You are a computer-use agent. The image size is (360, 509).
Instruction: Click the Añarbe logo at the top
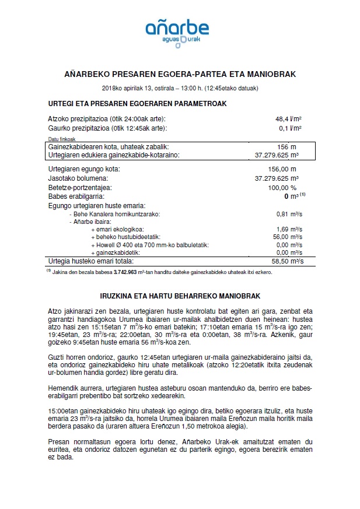(x=180, y=31)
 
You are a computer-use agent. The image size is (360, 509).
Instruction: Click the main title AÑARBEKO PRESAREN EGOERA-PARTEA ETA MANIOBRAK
(x=180, y=75)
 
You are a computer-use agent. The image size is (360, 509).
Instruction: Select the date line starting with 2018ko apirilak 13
(x=180, y=88)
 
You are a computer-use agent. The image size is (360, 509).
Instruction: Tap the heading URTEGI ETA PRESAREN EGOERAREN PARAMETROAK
(x=137, y=103)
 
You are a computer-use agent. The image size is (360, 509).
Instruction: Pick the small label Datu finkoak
(x=61, y=139)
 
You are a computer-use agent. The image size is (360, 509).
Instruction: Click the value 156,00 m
(x=286, y=169)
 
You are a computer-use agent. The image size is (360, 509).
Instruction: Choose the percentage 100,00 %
(x=286, y=188)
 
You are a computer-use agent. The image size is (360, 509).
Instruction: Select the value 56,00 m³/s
(x=286, y=237)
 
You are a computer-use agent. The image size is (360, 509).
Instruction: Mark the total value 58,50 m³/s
(x=286, y=262)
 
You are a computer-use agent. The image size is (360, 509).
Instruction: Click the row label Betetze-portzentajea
(x=79, y=188)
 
